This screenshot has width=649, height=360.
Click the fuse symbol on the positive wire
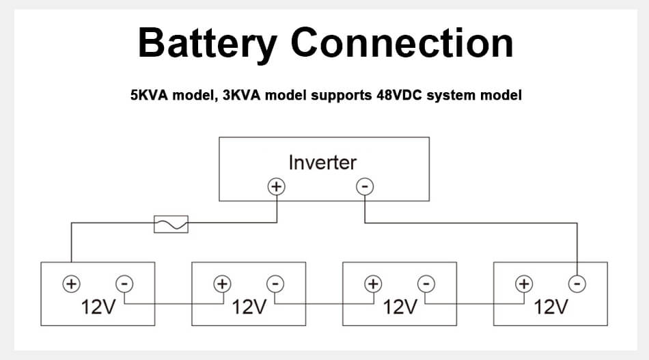click(x=171, y=223)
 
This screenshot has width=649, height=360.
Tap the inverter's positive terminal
click(x=276, y=186)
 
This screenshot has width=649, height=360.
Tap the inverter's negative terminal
click(x=365, y=186)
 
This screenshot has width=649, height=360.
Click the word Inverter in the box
click(x=322, y=163)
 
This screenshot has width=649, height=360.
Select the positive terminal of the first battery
click(x=71, y=283)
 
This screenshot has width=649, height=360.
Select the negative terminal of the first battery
click(x=124, y=283)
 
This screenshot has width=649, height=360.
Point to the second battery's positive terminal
click(x=222, y=283)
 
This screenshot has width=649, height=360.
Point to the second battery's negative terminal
click(x=275, y=283)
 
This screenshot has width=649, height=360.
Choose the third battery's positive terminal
click(x=373, y=283)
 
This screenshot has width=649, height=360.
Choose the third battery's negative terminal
click(x=426, y=283)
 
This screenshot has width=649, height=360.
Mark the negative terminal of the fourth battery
click(x=577, y=283)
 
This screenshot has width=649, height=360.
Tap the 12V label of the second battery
click(x=249, y=307)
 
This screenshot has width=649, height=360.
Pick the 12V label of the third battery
click(x=400, y=307)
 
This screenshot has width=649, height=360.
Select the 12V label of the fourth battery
click(x=551, y=307)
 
